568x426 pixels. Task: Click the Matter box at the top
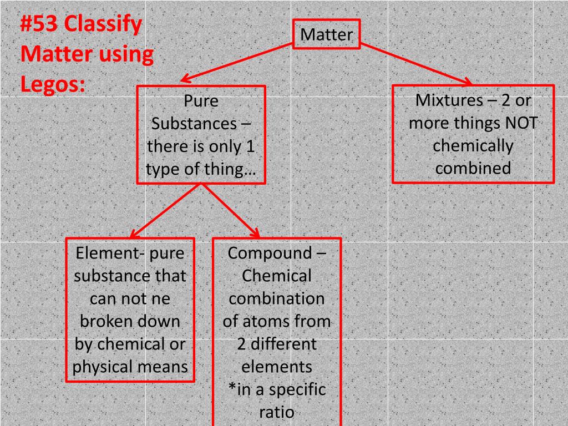327,34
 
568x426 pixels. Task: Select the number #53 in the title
39,25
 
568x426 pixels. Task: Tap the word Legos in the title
51,84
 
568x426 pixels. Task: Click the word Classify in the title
103,25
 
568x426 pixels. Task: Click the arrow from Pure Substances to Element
165,211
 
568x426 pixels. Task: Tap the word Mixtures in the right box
442,100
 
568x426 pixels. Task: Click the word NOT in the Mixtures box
520,123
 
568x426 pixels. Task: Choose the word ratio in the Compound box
276,412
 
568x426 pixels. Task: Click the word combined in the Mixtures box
473,169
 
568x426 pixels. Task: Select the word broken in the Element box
102,322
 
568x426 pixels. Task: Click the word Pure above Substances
201,102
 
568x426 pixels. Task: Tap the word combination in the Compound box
276,299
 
